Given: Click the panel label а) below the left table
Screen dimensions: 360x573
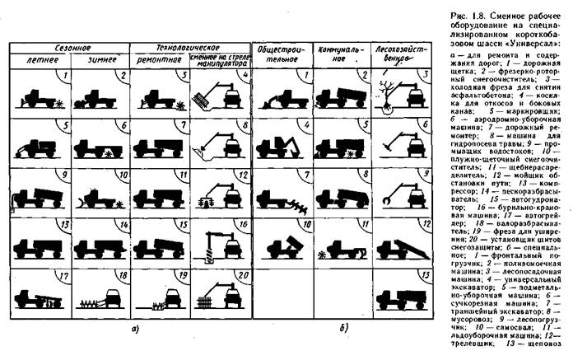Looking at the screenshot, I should click(133, 330).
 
